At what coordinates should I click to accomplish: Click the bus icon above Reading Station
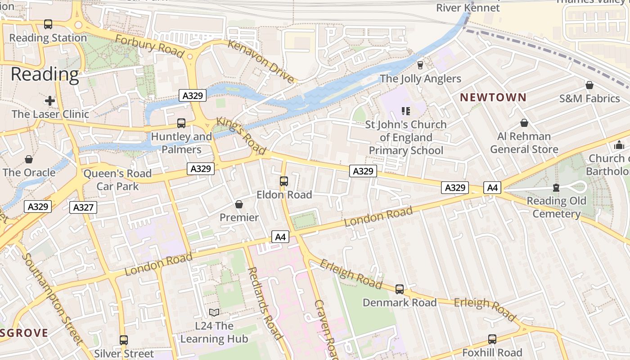[48, 24]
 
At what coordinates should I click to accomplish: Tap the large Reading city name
[45, 74]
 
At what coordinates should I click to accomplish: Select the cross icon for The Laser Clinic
[50, 101]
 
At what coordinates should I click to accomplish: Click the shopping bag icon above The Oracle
[29, 159]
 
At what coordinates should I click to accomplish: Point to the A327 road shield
[83, 207]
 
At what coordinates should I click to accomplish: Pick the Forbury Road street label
[149, 46]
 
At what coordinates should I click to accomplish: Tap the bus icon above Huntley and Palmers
[181, 123]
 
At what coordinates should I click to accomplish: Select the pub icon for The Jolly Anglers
[420, 65]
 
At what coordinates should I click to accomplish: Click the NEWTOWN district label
[493, 97]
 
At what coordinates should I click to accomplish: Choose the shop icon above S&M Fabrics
[589, 85]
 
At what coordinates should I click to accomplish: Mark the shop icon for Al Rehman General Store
[524, 123]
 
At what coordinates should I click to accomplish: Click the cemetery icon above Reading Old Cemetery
[556, 188]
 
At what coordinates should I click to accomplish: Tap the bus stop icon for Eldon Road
[284, 181]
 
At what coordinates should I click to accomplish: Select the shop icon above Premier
[239, 204]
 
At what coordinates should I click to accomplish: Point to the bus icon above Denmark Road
[400, 289]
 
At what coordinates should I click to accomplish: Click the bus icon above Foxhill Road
[492, 339]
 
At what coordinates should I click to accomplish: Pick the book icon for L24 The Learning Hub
[214, 312]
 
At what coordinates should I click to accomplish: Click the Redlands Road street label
[265, 303]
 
